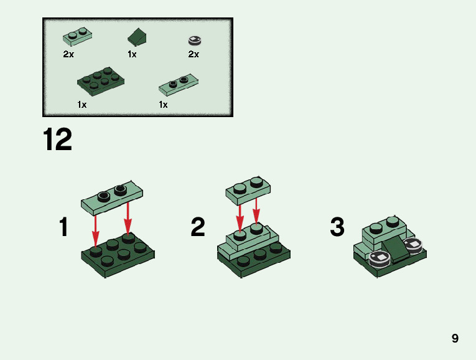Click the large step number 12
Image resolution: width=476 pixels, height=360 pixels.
pyautogui.click(x=57, y=139)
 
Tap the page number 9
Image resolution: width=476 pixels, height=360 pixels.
pyautogui.click(x=455, y=338)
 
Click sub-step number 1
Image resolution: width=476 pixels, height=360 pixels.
pyautogui.click(x=63, y=227)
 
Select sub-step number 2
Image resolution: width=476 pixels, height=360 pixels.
pyautogui.click(x=198, y=227)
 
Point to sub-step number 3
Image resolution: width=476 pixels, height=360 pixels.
pyautogui.click(x=337, y=227)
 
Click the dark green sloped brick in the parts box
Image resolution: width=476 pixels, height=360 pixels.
pyautogui.click(x=138, y=37)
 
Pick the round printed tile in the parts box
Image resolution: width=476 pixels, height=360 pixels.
pyautogui.click(x=195, y=40)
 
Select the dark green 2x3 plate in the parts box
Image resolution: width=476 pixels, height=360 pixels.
pyautogui.click(x=100, y=81)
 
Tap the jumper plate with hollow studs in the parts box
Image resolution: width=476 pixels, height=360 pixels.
pyautogui.click(x=179, y=85)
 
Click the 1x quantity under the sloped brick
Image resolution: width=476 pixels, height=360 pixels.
pyautogui.click(x=132, y=54)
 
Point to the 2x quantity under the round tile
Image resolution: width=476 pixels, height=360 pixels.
pyautogui.click(x=194, y=54)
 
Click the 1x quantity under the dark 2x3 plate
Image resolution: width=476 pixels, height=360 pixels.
pyautogui.click(x=82, y=105)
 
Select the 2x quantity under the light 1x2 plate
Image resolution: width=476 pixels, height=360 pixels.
pyautogui.click(x=68, y=54)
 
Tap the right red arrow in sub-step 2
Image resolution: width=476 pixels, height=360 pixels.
pyautogui.click(x=256, y=211)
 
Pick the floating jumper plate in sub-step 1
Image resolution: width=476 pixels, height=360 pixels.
pyautogui.click(x=112, y=197)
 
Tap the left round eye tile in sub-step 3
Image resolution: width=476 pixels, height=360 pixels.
pyautogui.click(x=380, y=260)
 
